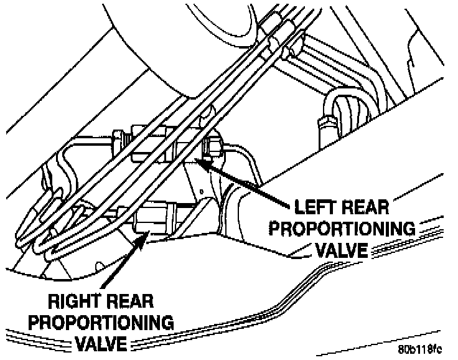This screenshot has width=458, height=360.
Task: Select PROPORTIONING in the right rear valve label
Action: [x=103, y=324]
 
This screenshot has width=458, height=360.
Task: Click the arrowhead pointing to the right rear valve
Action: [x=144, y=236]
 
